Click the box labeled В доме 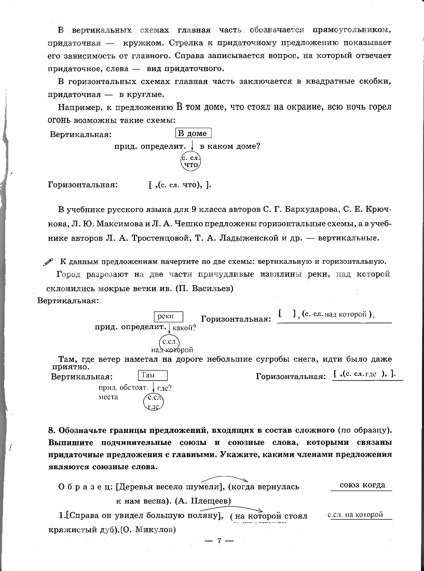193,133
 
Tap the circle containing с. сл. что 191,161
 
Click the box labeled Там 153,375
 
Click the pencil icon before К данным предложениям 48,262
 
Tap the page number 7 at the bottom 219,541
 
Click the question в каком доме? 230,146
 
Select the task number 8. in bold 51,430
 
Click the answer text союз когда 362,485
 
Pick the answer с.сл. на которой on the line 355,514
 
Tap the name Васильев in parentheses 209,288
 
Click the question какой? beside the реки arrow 184,328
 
